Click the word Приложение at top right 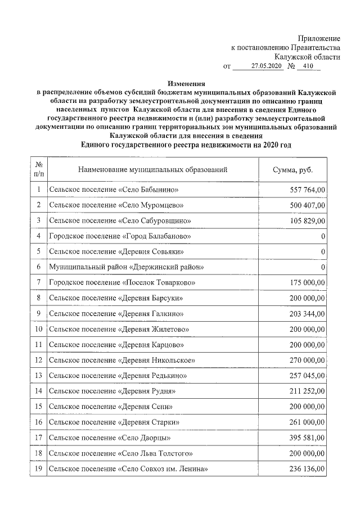[319, 38]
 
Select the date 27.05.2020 [266, 66]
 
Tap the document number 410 [307, 66]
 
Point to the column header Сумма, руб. [292, 169]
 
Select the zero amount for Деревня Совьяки [323, 251]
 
